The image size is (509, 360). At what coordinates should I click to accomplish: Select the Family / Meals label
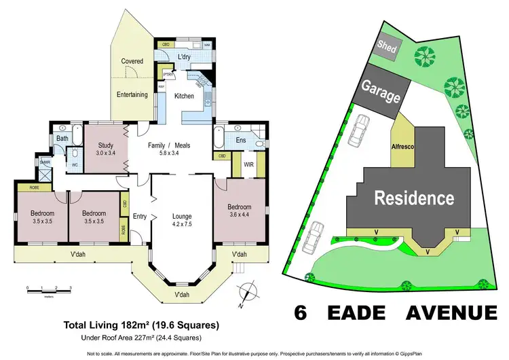coord(170,145)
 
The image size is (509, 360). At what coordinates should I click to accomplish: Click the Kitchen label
coord(185,96)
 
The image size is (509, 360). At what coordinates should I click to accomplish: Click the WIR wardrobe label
coord(249,164)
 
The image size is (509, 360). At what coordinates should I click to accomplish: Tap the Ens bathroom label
coord(240,141)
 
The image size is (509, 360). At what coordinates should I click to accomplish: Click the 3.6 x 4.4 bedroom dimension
coord(240,216)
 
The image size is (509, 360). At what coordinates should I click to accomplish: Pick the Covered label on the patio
coord(132,61)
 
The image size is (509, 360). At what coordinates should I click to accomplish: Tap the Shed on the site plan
coord(387,48)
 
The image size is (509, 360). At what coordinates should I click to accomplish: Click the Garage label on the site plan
coord(380,92)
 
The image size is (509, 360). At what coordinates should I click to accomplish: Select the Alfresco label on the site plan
coord(403,145)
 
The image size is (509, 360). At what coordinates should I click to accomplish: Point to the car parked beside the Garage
coord(360,131)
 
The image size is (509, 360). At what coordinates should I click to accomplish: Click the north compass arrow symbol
coord(249,291)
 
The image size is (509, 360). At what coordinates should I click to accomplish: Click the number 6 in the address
coord(300,312)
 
